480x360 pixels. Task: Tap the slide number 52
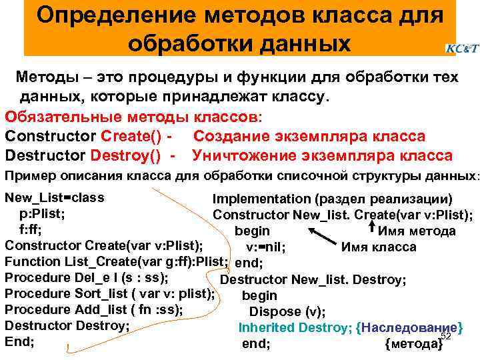coord(447,336)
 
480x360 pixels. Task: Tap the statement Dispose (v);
coord(287,311)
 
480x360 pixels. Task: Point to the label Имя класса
coord(378,247)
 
